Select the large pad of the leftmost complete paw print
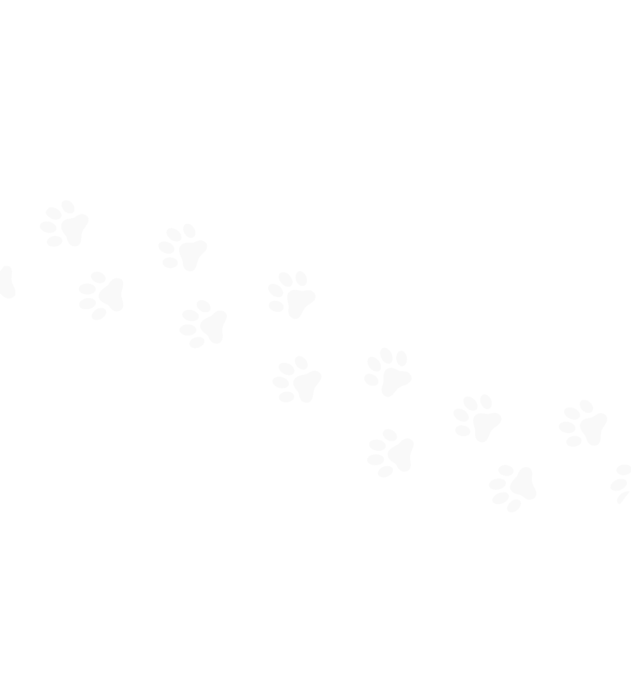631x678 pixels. pyautogui.click(x=74, y=230)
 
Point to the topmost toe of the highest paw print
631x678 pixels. pyautogui.click(x=68, y=207)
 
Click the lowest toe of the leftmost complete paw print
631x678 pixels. pyautogui.click(x=54, y=241)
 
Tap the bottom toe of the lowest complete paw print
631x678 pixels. pyautogui.click(x=514, y=506)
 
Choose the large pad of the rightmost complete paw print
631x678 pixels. pyautogui.click(x=593, y=428)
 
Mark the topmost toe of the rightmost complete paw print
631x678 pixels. pyautogui.click(x=586, y=406)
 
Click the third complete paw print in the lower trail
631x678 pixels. pyautogui.click(x=297, y=380)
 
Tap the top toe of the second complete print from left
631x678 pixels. pyautogui.click(x=98, y=277)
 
